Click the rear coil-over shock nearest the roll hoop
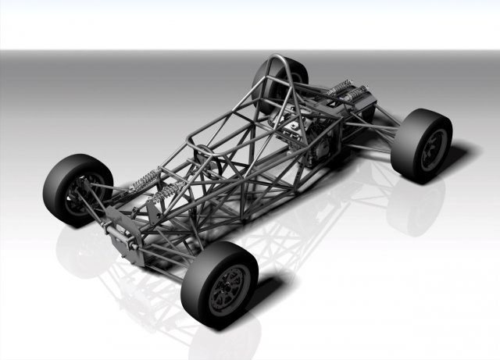click(337, 88)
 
